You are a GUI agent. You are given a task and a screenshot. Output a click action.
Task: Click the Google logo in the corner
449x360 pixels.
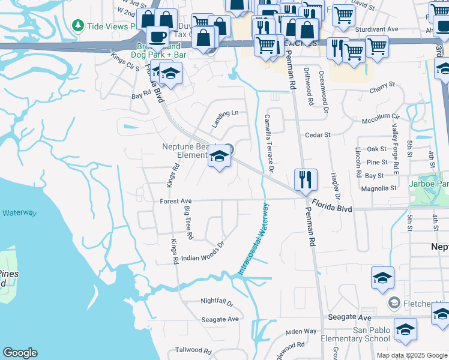tap(20, 353)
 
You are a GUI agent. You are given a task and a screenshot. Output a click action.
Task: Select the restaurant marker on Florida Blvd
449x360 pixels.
tap(305, 179)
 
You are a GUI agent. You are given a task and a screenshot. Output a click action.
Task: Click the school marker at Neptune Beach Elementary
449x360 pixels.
tap(220, 158)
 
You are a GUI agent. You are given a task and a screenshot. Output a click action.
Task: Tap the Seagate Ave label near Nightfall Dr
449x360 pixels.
tap(220, 319)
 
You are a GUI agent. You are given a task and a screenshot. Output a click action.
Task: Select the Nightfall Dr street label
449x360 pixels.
tap(217, 302)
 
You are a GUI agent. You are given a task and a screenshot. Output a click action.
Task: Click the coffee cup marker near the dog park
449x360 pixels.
tap(157, 37)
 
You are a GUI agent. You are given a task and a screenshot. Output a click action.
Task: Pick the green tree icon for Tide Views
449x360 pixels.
tap(77, 26)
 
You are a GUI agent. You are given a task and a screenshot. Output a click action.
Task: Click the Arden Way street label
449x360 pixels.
tap(301, 331)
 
